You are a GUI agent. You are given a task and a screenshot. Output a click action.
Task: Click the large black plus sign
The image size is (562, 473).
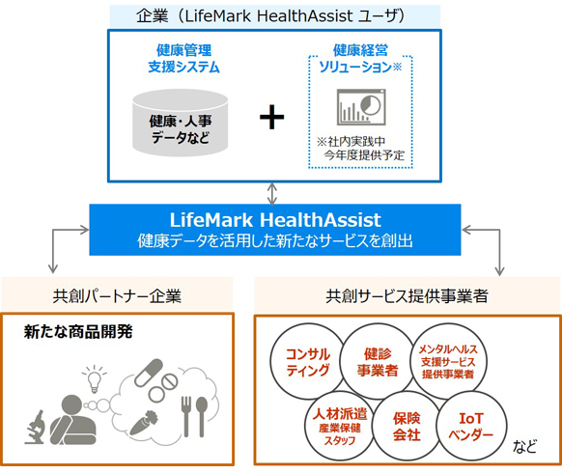273,118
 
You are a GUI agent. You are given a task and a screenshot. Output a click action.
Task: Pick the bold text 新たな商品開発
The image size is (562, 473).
78,331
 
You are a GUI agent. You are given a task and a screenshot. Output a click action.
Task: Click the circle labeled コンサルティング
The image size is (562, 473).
309,362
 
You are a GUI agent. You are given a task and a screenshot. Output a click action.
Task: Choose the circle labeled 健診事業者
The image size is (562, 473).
378,361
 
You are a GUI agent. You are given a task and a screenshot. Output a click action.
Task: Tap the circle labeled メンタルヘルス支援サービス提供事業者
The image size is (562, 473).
447,361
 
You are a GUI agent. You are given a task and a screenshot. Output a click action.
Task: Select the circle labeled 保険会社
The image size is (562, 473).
407,427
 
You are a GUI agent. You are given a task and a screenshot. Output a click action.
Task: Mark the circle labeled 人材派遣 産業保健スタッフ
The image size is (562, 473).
334,425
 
